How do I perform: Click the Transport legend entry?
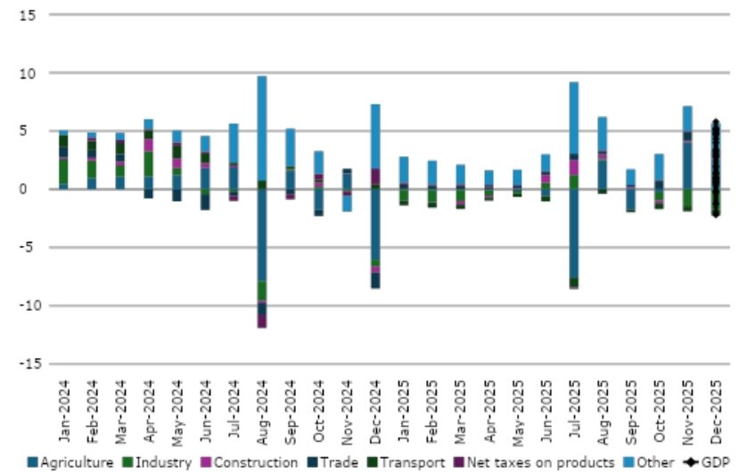(x=406, y=462)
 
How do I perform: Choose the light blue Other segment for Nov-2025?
(x=687, y=119)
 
